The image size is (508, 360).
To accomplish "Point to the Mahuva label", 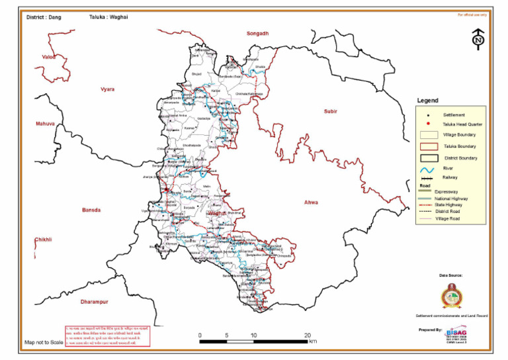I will [46, 124].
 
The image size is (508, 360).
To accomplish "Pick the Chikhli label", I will [43, 239].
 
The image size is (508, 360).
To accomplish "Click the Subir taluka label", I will [330, 111].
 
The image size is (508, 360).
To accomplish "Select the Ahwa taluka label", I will [310, 202].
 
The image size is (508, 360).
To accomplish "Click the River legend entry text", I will [450, 169].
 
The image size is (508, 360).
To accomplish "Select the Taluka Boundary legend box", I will [429, 146].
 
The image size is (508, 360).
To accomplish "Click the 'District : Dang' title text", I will [44, 17].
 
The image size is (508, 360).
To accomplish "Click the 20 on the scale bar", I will [307, 336].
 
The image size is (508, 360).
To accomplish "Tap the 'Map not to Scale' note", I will [44, 342].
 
